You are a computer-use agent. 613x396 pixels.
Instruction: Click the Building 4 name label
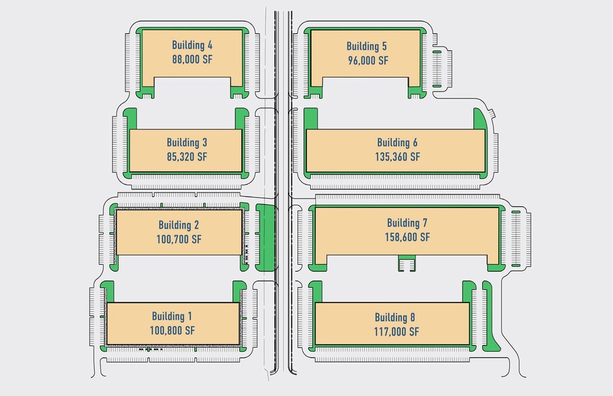pos(192,45)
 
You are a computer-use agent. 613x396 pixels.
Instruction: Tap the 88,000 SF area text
pos(192,59)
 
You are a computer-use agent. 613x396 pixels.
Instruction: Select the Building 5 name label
pos(367,46)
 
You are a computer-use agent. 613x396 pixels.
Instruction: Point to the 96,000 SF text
pos(368,61)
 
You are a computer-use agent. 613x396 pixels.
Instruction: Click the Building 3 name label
pos(187,143)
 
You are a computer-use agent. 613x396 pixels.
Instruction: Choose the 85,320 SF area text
pos(187,157)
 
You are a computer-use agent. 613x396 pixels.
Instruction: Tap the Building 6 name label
pos(397,143)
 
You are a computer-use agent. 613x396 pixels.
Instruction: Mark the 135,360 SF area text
pos(397,157)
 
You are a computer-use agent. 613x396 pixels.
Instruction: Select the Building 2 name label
pos(179,225)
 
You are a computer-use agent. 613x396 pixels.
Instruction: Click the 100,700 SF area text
pos(179,239)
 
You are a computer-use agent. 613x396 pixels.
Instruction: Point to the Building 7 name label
pos(407,223)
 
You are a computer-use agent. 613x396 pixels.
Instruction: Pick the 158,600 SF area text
pos(407,237)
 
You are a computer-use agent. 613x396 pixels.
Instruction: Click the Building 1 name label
pos(172,317)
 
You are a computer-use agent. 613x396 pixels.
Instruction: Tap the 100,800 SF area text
pos(172,331)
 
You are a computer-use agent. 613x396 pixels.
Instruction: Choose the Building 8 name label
pos(395,317)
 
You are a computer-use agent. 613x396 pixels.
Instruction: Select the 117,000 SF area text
pos(396,331)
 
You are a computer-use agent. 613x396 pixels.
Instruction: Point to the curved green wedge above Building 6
pos(479,119)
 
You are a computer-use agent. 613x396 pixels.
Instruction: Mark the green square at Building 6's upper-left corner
pos(311,119)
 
